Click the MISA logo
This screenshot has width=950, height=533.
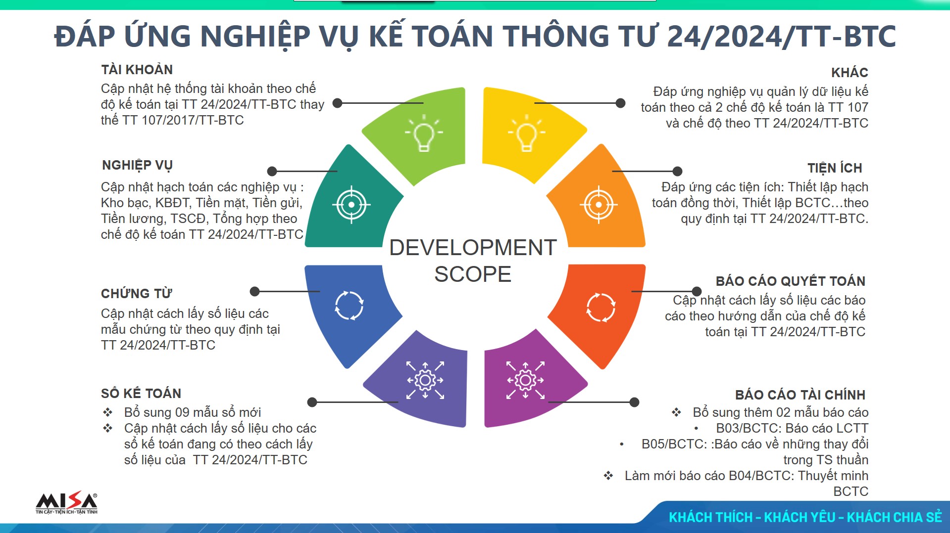pyautogui.click(x=66, y=503)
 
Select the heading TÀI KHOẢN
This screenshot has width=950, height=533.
pyautogui.click(x=137, y=70)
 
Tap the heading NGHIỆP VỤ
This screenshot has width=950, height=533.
pyautogui.click(x=137, y=165)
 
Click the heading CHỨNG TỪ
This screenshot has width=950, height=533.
pyautogui.click(x=136, y=294)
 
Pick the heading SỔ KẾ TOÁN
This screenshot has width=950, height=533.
pyautogui.click(x=141, y=394)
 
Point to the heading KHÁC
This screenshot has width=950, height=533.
pyautogui.click(x=850, y=73)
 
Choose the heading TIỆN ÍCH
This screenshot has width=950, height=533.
pyautogui.click(x=835, y=168)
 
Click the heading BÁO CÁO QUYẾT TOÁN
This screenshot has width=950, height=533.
pyautogui.click(x=790, y=281)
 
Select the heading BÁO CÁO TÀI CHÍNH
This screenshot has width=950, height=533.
pyautogui.click(x=800, y=395)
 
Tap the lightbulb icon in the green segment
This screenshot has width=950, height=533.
pyautogui.click(x=424, y=133)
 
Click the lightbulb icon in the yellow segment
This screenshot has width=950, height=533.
pyautogui.click(x=527, y=133)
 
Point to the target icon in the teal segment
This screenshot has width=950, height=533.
pyautogui.click(x=351, y=205)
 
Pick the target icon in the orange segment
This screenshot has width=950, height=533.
pyautogui.click(x=599, y=205)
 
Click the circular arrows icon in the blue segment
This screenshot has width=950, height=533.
pyautogui.click(x=349, y=306)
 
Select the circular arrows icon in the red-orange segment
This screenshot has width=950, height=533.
pyautogui.click(x=600, y=307)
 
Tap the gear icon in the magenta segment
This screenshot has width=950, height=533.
pyautogui.click(x=525, y=380)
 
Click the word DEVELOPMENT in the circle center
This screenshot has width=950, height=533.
pyautogui.click(x=473, y=248)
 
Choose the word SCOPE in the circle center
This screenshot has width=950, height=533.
pyautogui.click(x=473, y=274)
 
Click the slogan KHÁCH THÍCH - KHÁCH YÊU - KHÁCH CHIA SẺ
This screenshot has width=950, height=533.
pyautogui.click(x=805, y=517)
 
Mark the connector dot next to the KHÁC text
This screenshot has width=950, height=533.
pyautogui.click(x=620, y=103)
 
